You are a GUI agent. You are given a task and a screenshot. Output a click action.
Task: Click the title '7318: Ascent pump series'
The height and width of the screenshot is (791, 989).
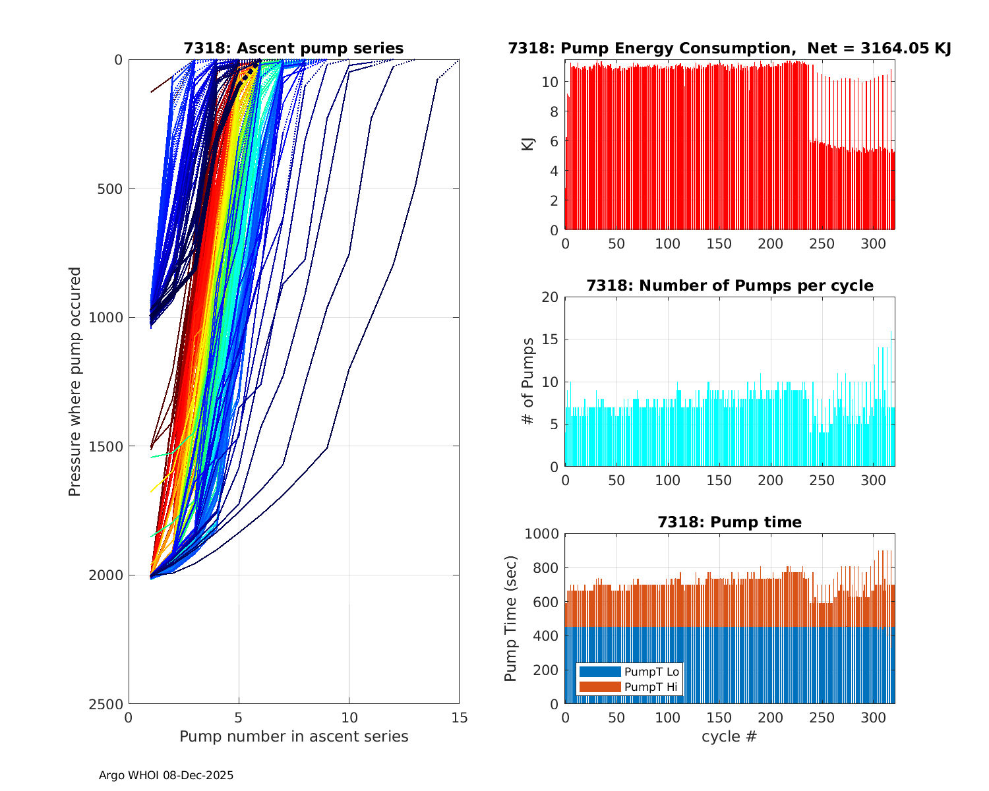point(293,48)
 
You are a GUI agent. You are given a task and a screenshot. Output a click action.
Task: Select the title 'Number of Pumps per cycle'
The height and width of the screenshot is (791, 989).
point(729,285)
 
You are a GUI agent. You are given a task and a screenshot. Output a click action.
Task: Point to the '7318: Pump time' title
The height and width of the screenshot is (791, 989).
point(729,522)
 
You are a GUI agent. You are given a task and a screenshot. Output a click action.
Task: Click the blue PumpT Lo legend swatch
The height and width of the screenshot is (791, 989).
point(599,672)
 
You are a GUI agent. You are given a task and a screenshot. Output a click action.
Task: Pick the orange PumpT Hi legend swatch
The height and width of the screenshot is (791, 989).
point(599,687)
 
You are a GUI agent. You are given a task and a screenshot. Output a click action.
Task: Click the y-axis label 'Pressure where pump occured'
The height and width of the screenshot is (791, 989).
point(75,382)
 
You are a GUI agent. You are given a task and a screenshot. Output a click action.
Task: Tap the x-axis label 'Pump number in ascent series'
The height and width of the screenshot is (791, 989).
point(293,736)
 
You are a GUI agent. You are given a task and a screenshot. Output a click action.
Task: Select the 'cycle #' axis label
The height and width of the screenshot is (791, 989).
point(729,736)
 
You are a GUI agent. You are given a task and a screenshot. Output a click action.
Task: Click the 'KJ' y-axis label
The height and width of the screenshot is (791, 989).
point(527,144)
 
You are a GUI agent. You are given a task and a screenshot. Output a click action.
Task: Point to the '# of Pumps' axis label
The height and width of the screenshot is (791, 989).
point(527,381)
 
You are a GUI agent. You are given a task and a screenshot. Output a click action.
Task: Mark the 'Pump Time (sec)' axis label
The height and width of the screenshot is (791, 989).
point(511,618)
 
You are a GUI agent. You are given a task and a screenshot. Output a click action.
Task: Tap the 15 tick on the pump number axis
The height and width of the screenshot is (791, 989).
point(459,718)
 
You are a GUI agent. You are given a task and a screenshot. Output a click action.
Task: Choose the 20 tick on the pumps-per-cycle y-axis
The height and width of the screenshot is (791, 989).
point(550,297)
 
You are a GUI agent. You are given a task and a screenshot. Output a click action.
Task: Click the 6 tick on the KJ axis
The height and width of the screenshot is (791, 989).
point(554,141)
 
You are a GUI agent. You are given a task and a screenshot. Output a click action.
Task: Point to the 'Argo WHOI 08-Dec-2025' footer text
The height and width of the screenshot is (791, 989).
point(165,775)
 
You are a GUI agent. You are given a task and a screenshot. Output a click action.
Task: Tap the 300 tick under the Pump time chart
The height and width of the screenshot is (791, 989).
point(874,718)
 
